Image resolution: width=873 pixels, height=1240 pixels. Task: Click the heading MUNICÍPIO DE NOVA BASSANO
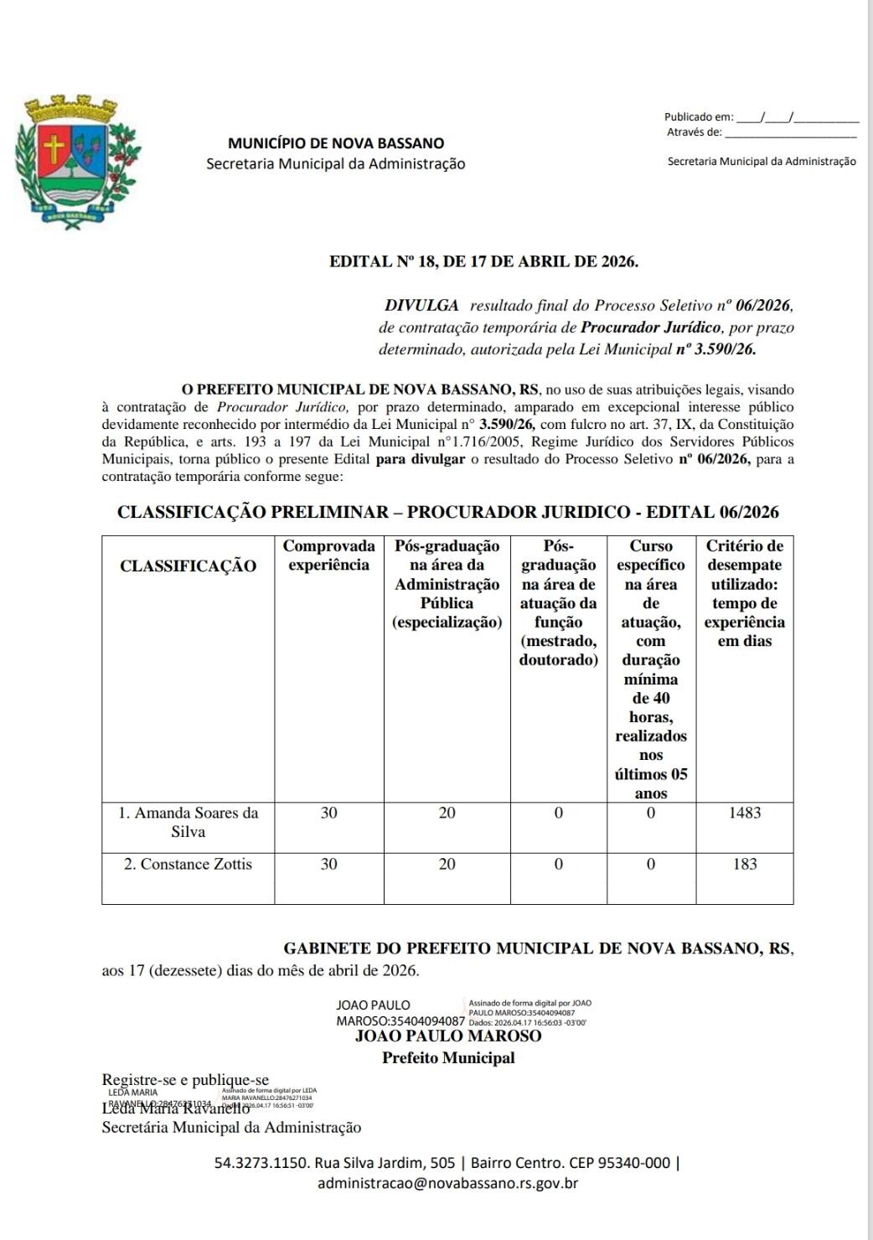pyautogui.click(x=336, y=143)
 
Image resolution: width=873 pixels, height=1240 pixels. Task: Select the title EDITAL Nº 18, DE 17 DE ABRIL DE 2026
pyautogui.click(x=483, y=261)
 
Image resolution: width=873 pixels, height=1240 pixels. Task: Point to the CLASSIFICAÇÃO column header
pyautogui.click(x=188, y=566)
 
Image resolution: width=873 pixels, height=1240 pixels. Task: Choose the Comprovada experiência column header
pyautogui.click(x=328, y=555)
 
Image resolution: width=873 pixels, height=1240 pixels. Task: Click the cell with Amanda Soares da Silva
pyautogui.click(x=188, y=822)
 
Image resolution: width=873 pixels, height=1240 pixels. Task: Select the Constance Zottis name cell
pyautogui.click(x=188, y=864)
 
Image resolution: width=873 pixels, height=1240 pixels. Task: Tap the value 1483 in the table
pyautogui.click(x=745, y=813)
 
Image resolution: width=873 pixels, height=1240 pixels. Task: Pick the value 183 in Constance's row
pyautogui.click(x=745, y=864)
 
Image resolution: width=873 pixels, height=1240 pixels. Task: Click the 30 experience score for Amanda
pyautogui.click(x=328, y=813)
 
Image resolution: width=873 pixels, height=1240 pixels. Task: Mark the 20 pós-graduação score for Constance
pyautogui.click(x=447, y=864)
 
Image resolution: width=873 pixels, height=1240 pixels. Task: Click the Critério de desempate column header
pyautogui.click(x=745, y=593)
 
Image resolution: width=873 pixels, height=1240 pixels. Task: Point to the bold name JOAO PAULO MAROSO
pyautogui.click(x=448, y=1036)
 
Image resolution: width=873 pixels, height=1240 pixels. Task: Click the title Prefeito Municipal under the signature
pyautogui.click(x=448, y=1057)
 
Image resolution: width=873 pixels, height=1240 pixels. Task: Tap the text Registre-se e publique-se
pyautogui.click(x=185, y=1080)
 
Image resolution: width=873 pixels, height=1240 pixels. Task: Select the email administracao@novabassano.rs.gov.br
pyautogui.click(x=447, y=1183)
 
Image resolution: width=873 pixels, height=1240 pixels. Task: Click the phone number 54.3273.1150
pyautogui.click(x=261, y=1163)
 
